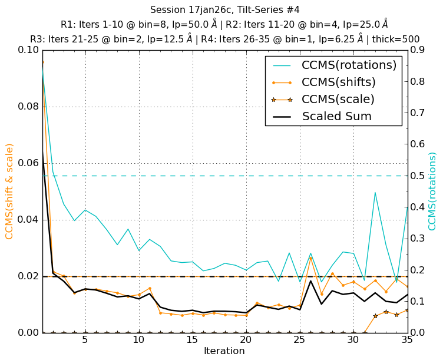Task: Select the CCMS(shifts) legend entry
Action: (338, 82)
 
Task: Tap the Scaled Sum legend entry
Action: (336, 116)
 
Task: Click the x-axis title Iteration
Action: (224, 351)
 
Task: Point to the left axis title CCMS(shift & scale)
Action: (9, 191)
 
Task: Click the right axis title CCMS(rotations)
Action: (432, 191)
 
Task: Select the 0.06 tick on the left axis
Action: (26, 163)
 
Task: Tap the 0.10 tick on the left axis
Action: (26, 50)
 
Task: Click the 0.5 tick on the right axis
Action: (419, 176)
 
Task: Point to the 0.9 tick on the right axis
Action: (419, 50)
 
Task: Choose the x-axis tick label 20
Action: (246, 341)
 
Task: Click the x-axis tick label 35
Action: (406, 341)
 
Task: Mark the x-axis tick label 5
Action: (85, 341)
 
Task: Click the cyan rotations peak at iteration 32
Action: (375, 192)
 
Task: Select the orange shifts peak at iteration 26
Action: (310, 257)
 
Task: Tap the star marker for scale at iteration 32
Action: (375, 316)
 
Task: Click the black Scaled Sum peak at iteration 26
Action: (310, 280)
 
